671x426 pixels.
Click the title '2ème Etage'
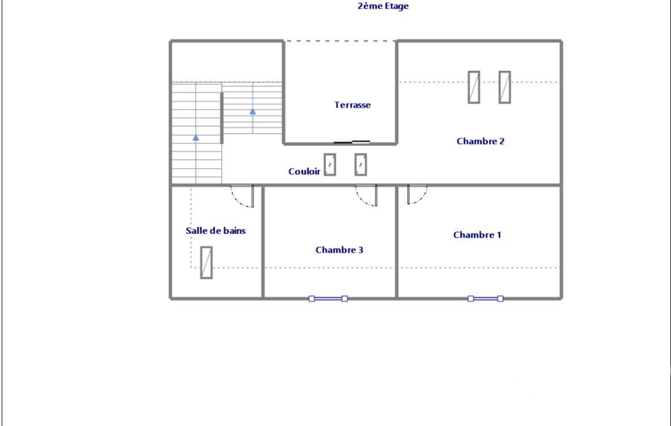tap(383, 6)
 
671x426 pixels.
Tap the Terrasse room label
tap(353, 105)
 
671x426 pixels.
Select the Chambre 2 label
tap(481, 142)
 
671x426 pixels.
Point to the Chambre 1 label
tap(477, 235)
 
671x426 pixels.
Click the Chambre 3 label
tap(339, 250)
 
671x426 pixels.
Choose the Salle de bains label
tap(215, 231)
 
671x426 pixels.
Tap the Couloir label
tap(304, 172)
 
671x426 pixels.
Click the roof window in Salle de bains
tap(206, 262)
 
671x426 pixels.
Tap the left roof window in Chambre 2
tap(474, 87)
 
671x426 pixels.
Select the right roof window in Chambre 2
tap(505, 87)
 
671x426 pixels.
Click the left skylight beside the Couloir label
tap(329, 165)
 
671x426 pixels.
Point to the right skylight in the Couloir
tap(361, 165)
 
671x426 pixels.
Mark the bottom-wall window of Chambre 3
tap(328, 299)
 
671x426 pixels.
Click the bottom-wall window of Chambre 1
tap(485, 299)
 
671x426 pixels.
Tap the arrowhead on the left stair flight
tap(196, 138)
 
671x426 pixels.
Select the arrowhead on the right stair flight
tap(253, 112)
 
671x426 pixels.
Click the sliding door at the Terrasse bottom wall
tap(352, 142)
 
